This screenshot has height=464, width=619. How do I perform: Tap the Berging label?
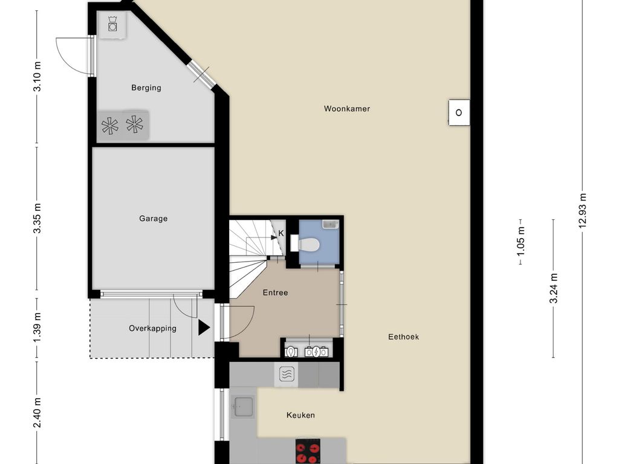[x=146, y=88]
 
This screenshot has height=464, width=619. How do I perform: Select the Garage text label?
[x=153, y=219]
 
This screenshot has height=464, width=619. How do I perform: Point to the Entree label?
[x=275, y=292]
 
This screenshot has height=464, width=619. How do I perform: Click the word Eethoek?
[x=403, y=337]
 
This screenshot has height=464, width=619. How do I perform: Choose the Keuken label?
[x=300, y=415]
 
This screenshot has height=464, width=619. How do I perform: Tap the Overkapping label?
[x=152, y=329]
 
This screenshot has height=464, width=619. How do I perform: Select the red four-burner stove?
[x=308, y=453]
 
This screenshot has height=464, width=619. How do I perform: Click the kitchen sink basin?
[x=244, y=407]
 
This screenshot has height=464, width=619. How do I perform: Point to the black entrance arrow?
[x=204, y=328]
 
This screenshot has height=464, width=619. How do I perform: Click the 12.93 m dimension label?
[x=582, y=210]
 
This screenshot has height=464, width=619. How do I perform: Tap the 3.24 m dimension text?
[x=553, y=288]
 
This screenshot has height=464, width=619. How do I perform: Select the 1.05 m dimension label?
[x=520, y=237]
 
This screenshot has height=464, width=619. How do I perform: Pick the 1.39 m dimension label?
[x=37, y=329]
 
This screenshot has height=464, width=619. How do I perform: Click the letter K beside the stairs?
[x=280, y=233]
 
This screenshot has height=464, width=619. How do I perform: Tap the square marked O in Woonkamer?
[x=459, y=112]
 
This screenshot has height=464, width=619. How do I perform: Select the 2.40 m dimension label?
[x=37, y=413]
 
